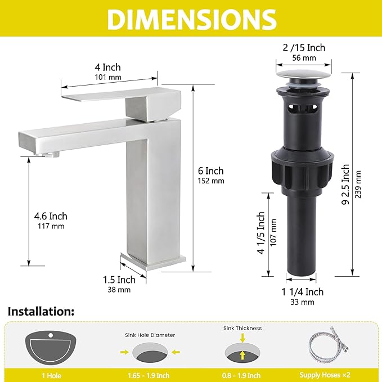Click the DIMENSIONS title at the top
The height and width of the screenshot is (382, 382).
192,20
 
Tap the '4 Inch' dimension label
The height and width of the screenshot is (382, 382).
107,68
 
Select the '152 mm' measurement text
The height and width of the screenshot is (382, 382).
211,181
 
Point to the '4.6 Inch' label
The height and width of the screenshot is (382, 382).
51,216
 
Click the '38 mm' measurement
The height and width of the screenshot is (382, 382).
119,290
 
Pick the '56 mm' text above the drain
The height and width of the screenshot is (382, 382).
304,58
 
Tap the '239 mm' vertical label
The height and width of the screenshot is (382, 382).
358,185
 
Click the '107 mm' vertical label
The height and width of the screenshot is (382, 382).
273,232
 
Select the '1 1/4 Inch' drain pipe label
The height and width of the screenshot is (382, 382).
302,292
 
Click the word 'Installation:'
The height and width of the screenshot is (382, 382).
41,312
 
